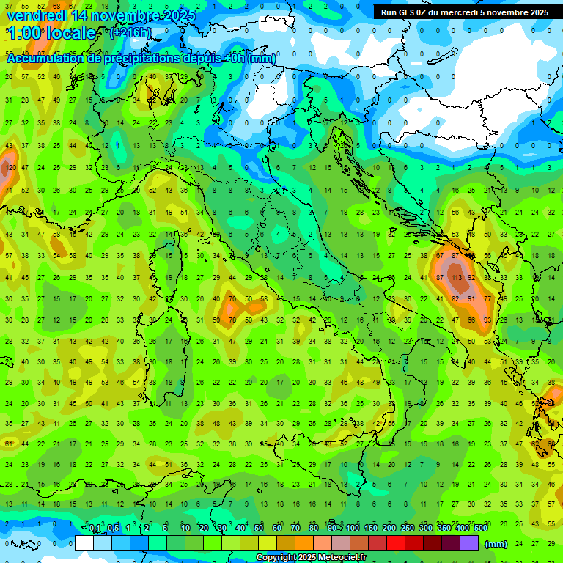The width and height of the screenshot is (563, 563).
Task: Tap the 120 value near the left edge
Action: click(x=10, y=168)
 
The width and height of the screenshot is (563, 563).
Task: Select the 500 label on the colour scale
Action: click(x=480, y=529)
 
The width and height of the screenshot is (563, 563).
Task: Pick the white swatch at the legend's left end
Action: click(x=84, y=543)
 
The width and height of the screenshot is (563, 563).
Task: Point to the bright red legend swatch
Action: click(x=397, y=543)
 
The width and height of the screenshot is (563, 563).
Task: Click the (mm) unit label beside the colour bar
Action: click(x=496, y=544)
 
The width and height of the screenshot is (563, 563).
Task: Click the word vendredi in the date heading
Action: click(x=37, y=15)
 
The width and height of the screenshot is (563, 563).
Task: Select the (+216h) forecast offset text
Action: click(x=130, y=33)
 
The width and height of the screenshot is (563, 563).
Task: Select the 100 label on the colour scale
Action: click(x=352, y=529)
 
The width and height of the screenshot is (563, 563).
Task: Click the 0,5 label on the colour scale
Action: click(x=113, y=529)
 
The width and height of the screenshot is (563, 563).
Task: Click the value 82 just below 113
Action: click(x=455, y=299)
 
